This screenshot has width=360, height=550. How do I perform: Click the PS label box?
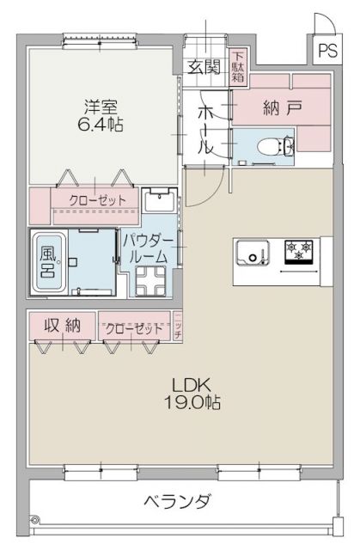pos(327,50)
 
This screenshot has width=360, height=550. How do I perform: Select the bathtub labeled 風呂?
pos(46,259)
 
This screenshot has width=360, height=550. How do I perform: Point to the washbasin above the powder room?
pos(157,205)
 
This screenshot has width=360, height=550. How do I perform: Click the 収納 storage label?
pos(61,326)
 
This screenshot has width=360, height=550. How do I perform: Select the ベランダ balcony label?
pos(177,501)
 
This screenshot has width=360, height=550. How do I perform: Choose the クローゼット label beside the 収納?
pos(135,328)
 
